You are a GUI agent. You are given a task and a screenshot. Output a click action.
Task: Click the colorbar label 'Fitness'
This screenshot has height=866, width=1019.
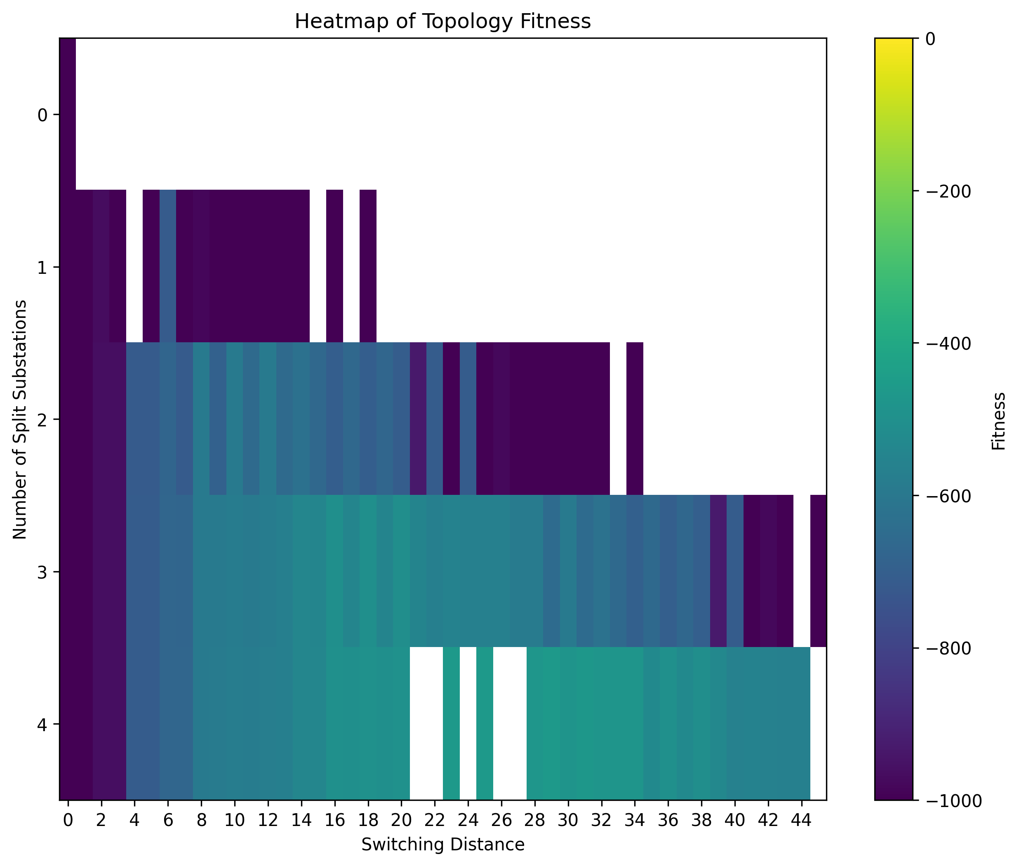click(998, 421)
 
